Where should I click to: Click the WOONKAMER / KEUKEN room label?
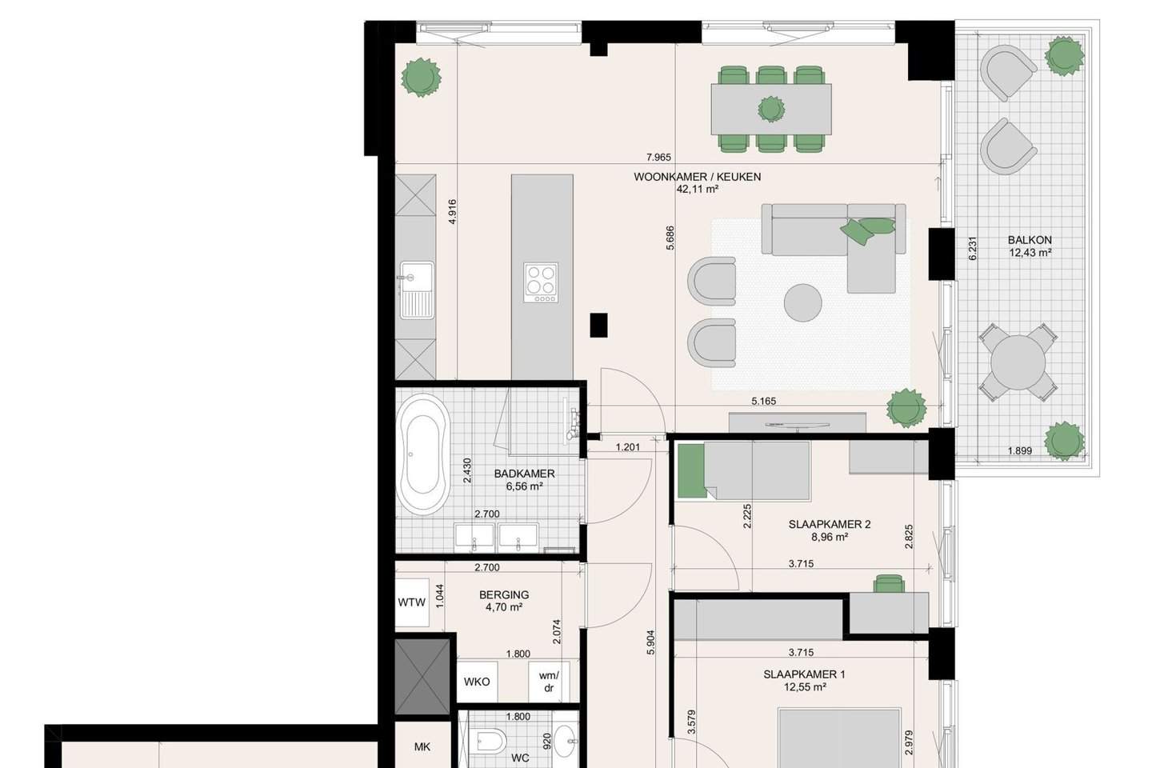pyautogui.click(x=697, y=177)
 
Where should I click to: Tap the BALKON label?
pyautogui.click(x=1030, y=240)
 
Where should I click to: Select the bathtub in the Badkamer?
pyautogui.click(x=423, y=454)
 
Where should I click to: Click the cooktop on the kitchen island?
pyautogui.click(x=541, y=282)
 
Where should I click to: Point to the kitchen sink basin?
pyautogui.click(x=417, y=276)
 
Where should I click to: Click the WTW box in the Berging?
pyautogui.click(x=412, y=602)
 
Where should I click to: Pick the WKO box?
pyautogui.click(x=477, y=682)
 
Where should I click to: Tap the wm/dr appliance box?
pyautogui.click(x=549, y=682)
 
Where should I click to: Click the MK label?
pyautogui.click(x=422, y=747)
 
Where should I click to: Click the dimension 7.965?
pyautogui.click(x=658, y=158)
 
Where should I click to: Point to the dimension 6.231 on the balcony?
pyautogui.click(x=972, y=248)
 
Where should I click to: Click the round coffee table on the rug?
pyautogui.click(x=802, y=303)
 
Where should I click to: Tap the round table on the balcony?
pyautogui.click(x=1018, y=362)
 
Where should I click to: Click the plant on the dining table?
pyautogui.click(x=771, y=109)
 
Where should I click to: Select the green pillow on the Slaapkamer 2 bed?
pyautogui.click(x=691, y=471)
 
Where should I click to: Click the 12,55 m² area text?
pyautogui.click(x=805, y=686)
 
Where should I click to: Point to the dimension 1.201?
pyautogui.click(x=628, y=447)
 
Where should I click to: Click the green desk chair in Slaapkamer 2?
pyautogui.click(x=889, y=584)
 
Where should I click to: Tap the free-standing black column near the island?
pyautogui.click(x=598, y=325)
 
